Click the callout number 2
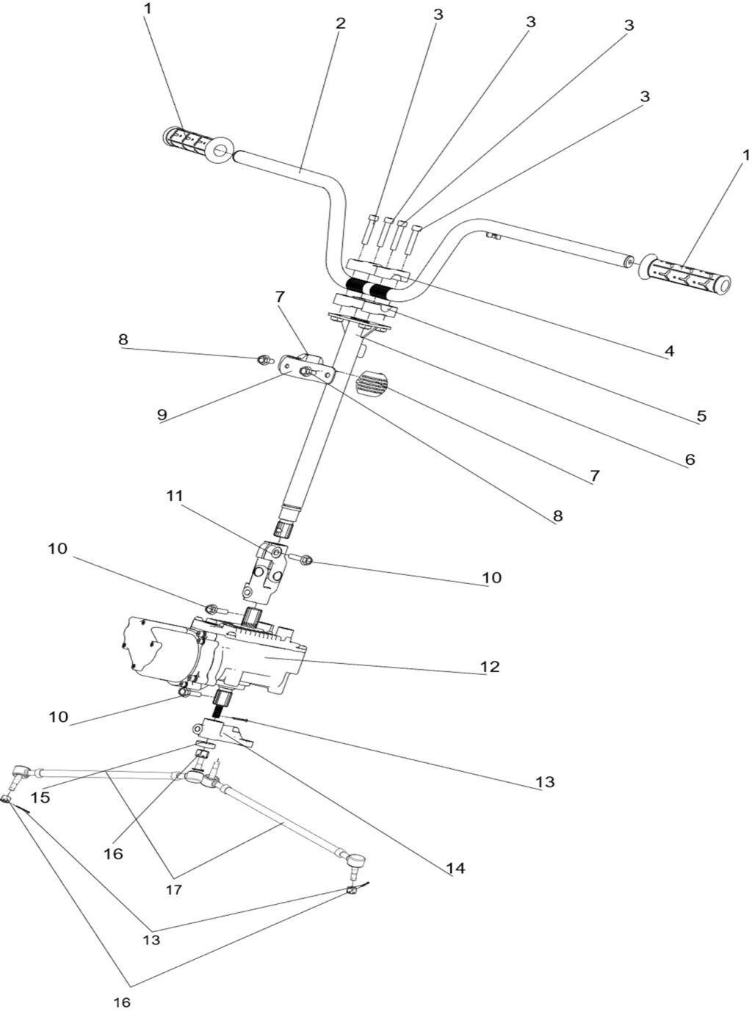[x=339, y=23]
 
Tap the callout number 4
[x=668, y=352]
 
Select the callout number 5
[x=701, y=416]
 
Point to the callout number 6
[x=688, y=460]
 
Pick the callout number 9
[x=162, y=415]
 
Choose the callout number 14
[x=455, y=869]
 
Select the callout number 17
[x=173, y=889]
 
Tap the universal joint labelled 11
[x=264, y=570]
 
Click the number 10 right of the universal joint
[x=491, y=578]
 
